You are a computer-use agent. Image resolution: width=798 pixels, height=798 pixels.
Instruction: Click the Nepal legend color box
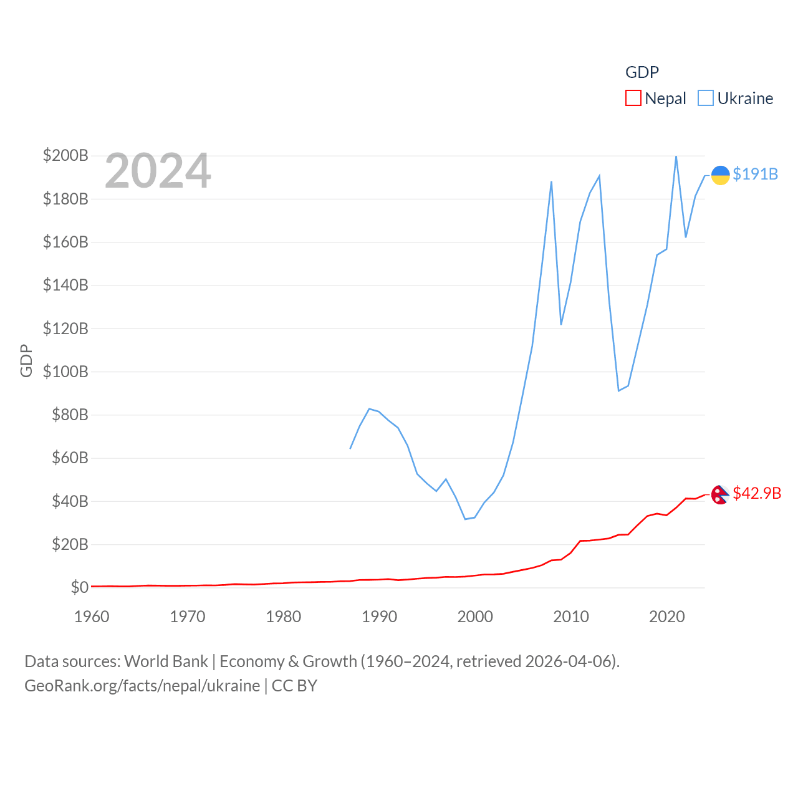(x=633, y=99)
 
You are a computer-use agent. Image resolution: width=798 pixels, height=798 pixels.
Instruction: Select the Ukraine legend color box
(x=705, y=99)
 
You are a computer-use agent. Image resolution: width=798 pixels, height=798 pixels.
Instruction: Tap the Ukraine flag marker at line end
(x=720, y=175)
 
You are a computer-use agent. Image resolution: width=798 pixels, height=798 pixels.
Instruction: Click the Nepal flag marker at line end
(x=720, y=494)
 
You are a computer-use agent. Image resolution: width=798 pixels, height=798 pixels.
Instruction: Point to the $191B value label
(x=755, y=174)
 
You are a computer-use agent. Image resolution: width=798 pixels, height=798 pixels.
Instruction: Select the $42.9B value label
(x=757, y=493)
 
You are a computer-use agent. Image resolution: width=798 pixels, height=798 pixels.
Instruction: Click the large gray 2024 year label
(x=158, y=171)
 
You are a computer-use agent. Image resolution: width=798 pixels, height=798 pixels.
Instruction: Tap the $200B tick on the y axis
(x=65, y=155)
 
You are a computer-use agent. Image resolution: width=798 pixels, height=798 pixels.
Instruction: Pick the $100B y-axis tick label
(x=65, y=372)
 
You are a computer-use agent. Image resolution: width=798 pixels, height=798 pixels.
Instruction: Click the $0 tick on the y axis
(x=79, y=587)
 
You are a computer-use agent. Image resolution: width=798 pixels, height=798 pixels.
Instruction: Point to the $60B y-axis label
(x=70, y=458)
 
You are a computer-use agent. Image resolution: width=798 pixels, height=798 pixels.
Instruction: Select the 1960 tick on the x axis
(x=92, y=617)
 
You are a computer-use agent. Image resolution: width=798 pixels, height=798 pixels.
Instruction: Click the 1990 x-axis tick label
(x=379, y=617)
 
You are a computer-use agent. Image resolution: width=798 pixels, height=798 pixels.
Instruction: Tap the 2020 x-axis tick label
(x=666, y=617)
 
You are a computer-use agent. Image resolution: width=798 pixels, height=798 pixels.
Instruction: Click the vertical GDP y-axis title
(x=26, y=360)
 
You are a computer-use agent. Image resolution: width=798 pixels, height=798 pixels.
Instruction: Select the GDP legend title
(x=642, y=72)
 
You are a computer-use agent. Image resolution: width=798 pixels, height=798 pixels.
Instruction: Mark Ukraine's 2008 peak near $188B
(x=551, y=182)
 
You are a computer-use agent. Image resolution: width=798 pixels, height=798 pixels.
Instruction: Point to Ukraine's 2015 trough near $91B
(x=618, y=390)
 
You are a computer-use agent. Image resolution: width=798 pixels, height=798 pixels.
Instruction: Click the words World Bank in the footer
(x=166, y=661)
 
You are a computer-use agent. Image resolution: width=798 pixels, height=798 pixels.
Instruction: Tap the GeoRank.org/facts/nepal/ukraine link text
(x=142, y=686)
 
